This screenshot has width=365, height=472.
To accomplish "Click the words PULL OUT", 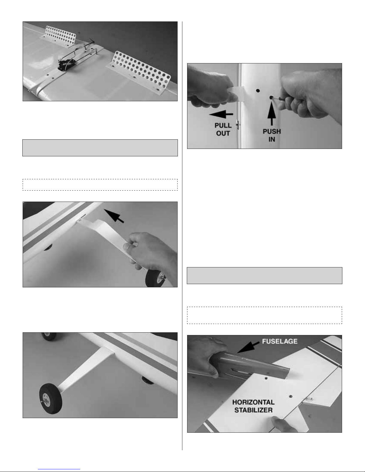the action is [x=223, y=129].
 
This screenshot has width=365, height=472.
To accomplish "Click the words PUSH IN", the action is [x=272, y=135].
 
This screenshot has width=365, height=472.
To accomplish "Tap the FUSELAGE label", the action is [x=279, y=342].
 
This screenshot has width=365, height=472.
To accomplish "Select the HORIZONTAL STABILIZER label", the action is [x=253, y=406].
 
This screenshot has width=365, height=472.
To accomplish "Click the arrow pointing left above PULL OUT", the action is [x=221, y=114].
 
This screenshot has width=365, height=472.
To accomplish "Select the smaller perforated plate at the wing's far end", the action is [x=59, y=37].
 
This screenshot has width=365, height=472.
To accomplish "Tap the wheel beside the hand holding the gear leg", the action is [x=155, y=278].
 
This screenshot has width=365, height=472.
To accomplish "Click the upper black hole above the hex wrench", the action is [x=258, y=90].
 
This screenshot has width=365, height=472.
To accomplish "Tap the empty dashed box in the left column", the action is [x=100, y=185].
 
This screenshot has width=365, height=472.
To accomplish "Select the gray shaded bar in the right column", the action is [x=265, y=276].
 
